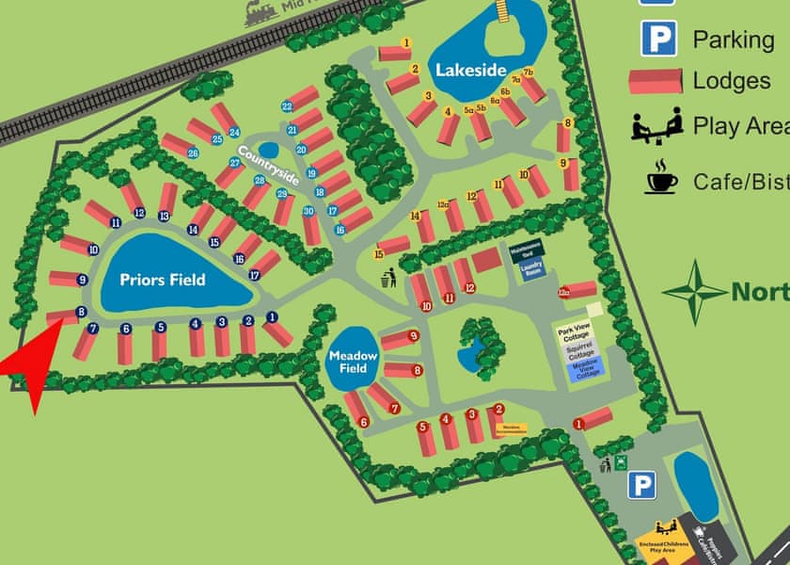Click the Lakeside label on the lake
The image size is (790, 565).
tap(471, 70)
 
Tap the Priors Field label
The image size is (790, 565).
tap(162, 279)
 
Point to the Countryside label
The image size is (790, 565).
tap(268, 166)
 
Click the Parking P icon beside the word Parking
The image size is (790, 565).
tap(659, 39)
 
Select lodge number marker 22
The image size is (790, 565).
tap(287, 106)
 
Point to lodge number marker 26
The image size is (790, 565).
tap(193, 153)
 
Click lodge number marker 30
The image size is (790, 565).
tap(308, 212)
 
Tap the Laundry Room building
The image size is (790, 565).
tap(532, 270)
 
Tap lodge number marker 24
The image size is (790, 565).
tap(234, 132)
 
